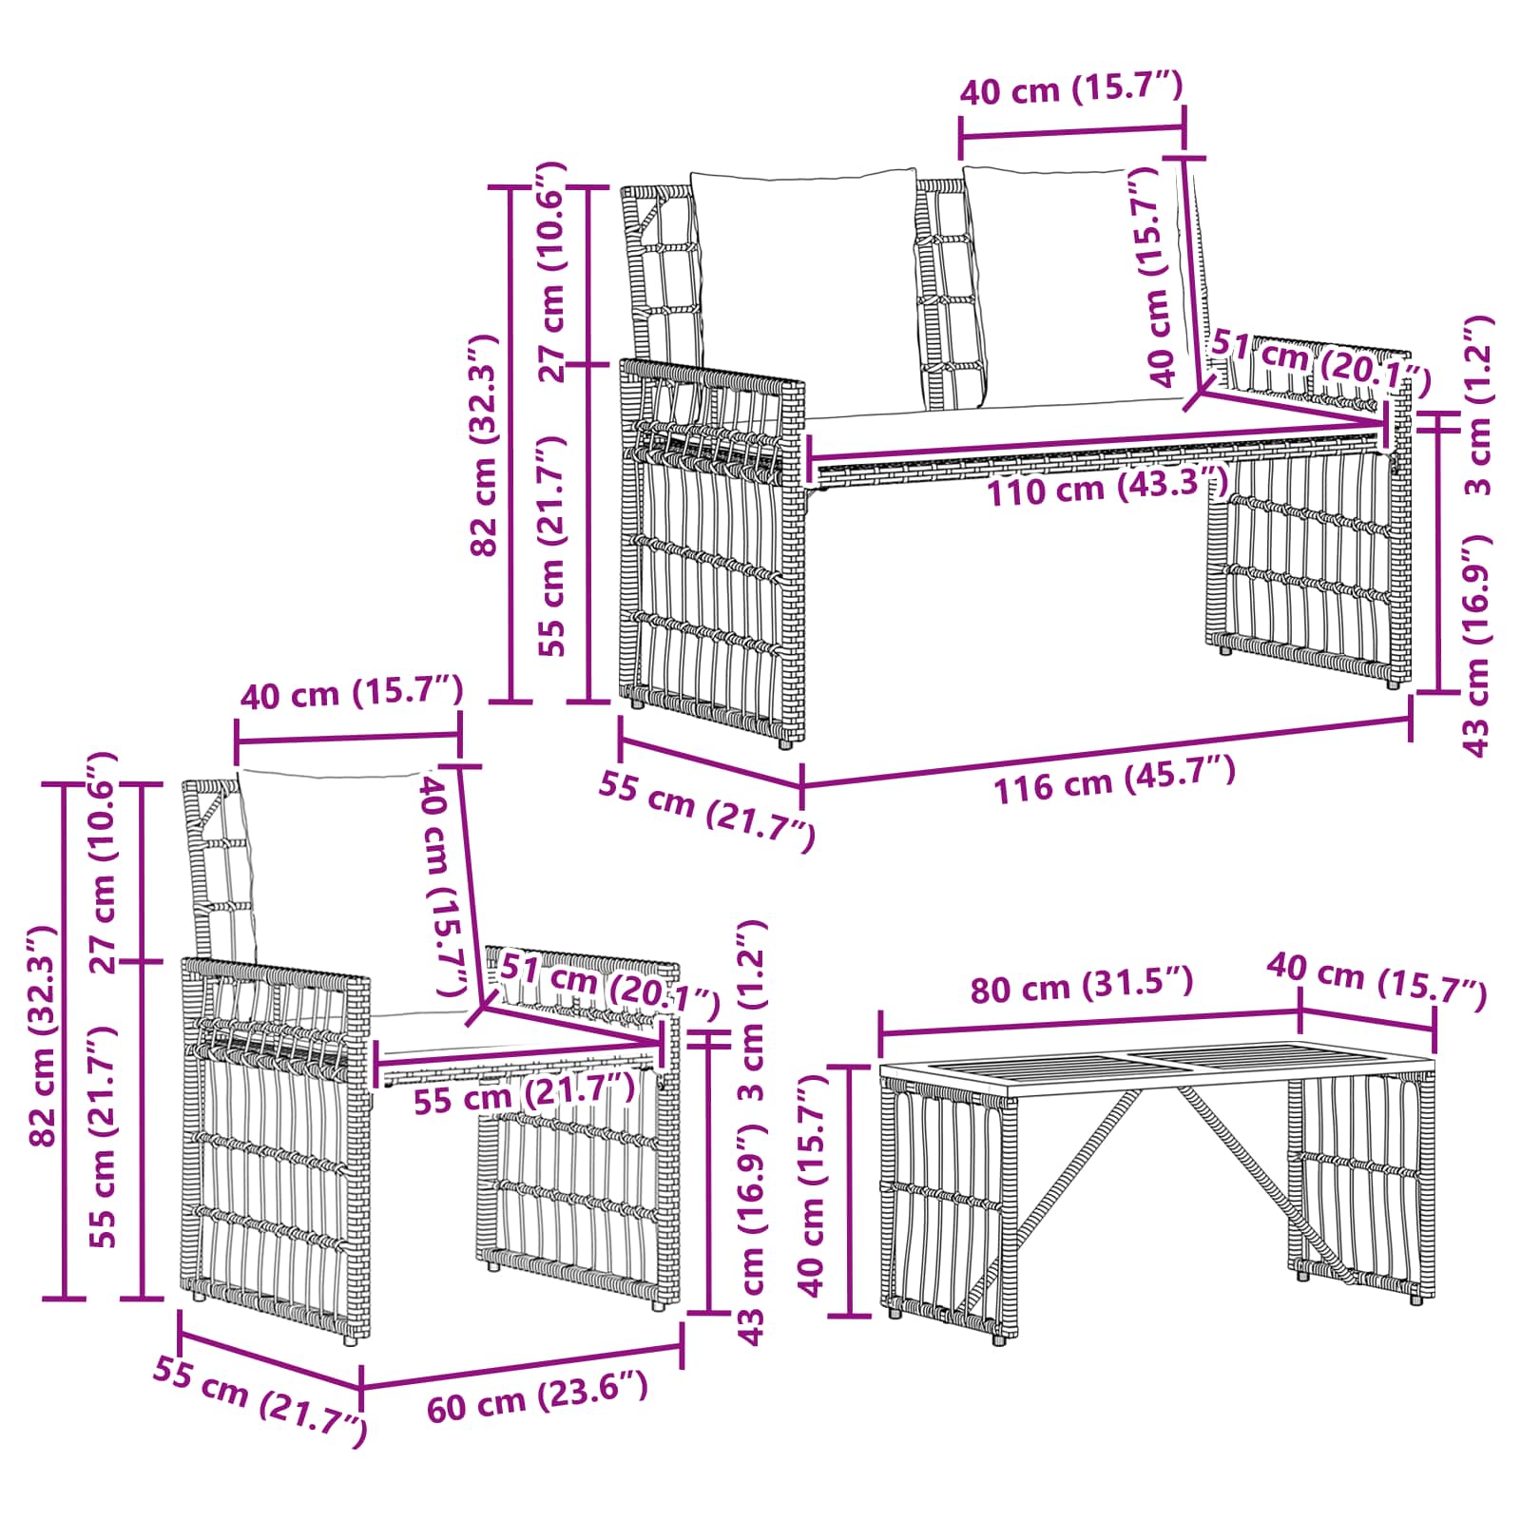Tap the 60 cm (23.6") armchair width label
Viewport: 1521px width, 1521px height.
point(538,1396)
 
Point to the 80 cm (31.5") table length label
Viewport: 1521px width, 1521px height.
point(1082,985)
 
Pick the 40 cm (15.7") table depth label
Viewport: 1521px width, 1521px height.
point(1377,979)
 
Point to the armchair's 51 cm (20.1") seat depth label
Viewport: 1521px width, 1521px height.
point(609,986)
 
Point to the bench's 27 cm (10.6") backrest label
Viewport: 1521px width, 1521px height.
point(552,272)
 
